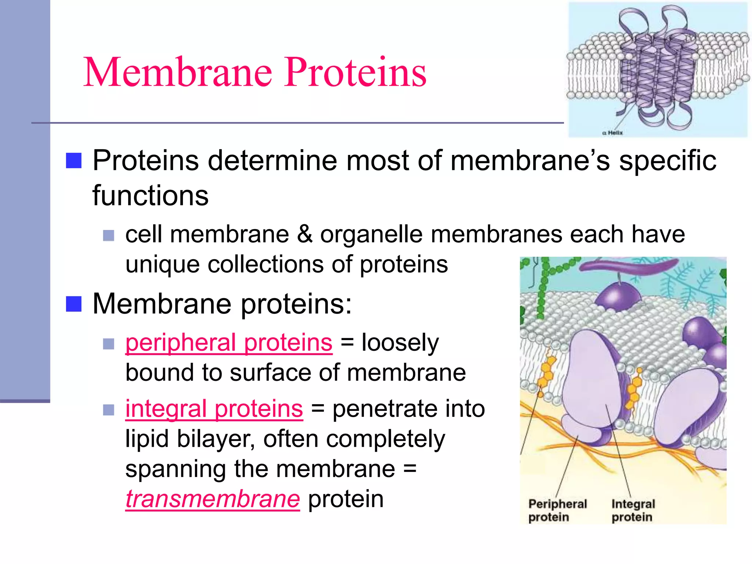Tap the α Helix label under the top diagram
(613, 133)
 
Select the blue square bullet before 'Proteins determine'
(74, 161)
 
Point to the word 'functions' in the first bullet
(150, 195)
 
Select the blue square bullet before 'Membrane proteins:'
(74, 304)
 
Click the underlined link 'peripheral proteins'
(229, 343)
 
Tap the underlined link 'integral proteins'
(214, 409)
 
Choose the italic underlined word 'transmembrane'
(213, 499)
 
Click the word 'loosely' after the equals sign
(400, 343)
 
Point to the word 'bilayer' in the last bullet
(216, 439)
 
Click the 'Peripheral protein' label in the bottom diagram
(557, 510)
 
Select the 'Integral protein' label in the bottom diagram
(633, 510)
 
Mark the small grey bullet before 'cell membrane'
(109, 235)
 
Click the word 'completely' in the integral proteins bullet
(386, 439)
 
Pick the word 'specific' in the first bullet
(668, 161)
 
